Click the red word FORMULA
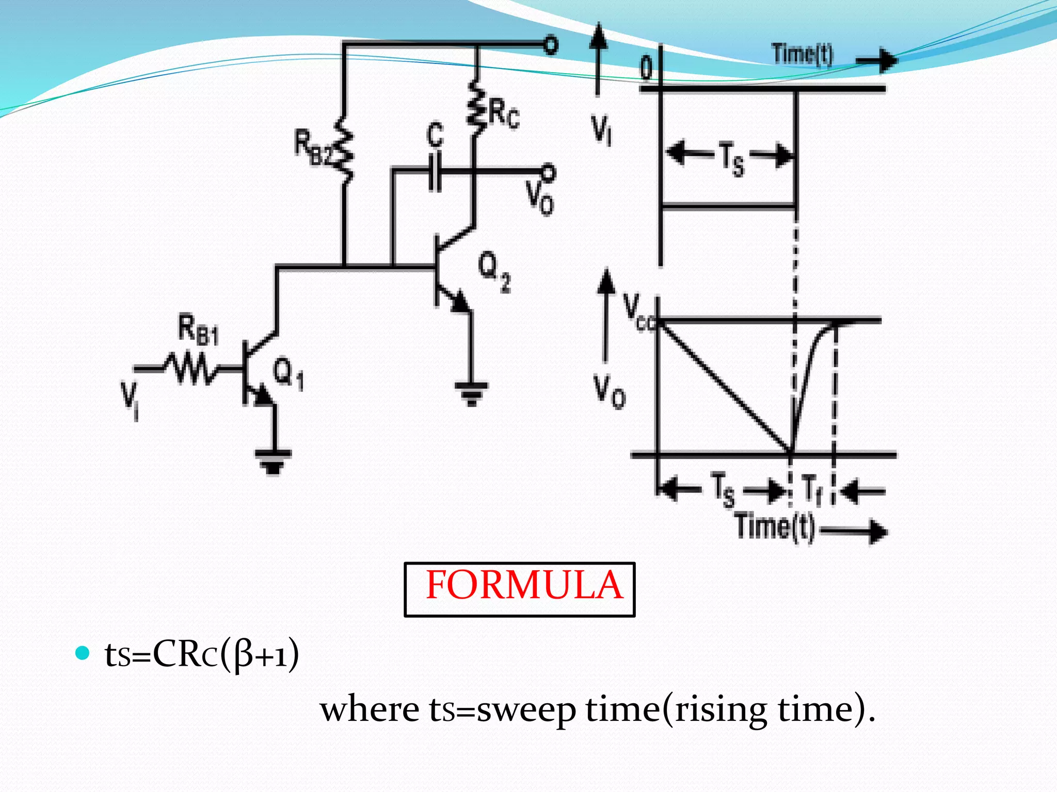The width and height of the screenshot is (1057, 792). [x=524, y=586]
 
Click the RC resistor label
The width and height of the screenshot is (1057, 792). [x=504, y=114]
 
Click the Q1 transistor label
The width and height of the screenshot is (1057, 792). [x=288, y=373]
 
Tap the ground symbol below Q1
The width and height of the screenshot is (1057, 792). [x=273, y=461]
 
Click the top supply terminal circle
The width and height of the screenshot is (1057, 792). [x=551, y=45]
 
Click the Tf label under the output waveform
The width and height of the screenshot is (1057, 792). [x=811, y=489]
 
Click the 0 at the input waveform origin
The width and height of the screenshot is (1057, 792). [x=646, y=68]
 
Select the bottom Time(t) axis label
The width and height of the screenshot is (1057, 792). [x=775, y=527]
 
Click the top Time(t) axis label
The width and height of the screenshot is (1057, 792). [x=802, y=54]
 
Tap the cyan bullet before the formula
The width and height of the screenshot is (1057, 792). [x=83, y=653]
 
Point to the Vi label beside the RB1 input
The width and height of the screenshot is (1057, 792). [x=130, y=400]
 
